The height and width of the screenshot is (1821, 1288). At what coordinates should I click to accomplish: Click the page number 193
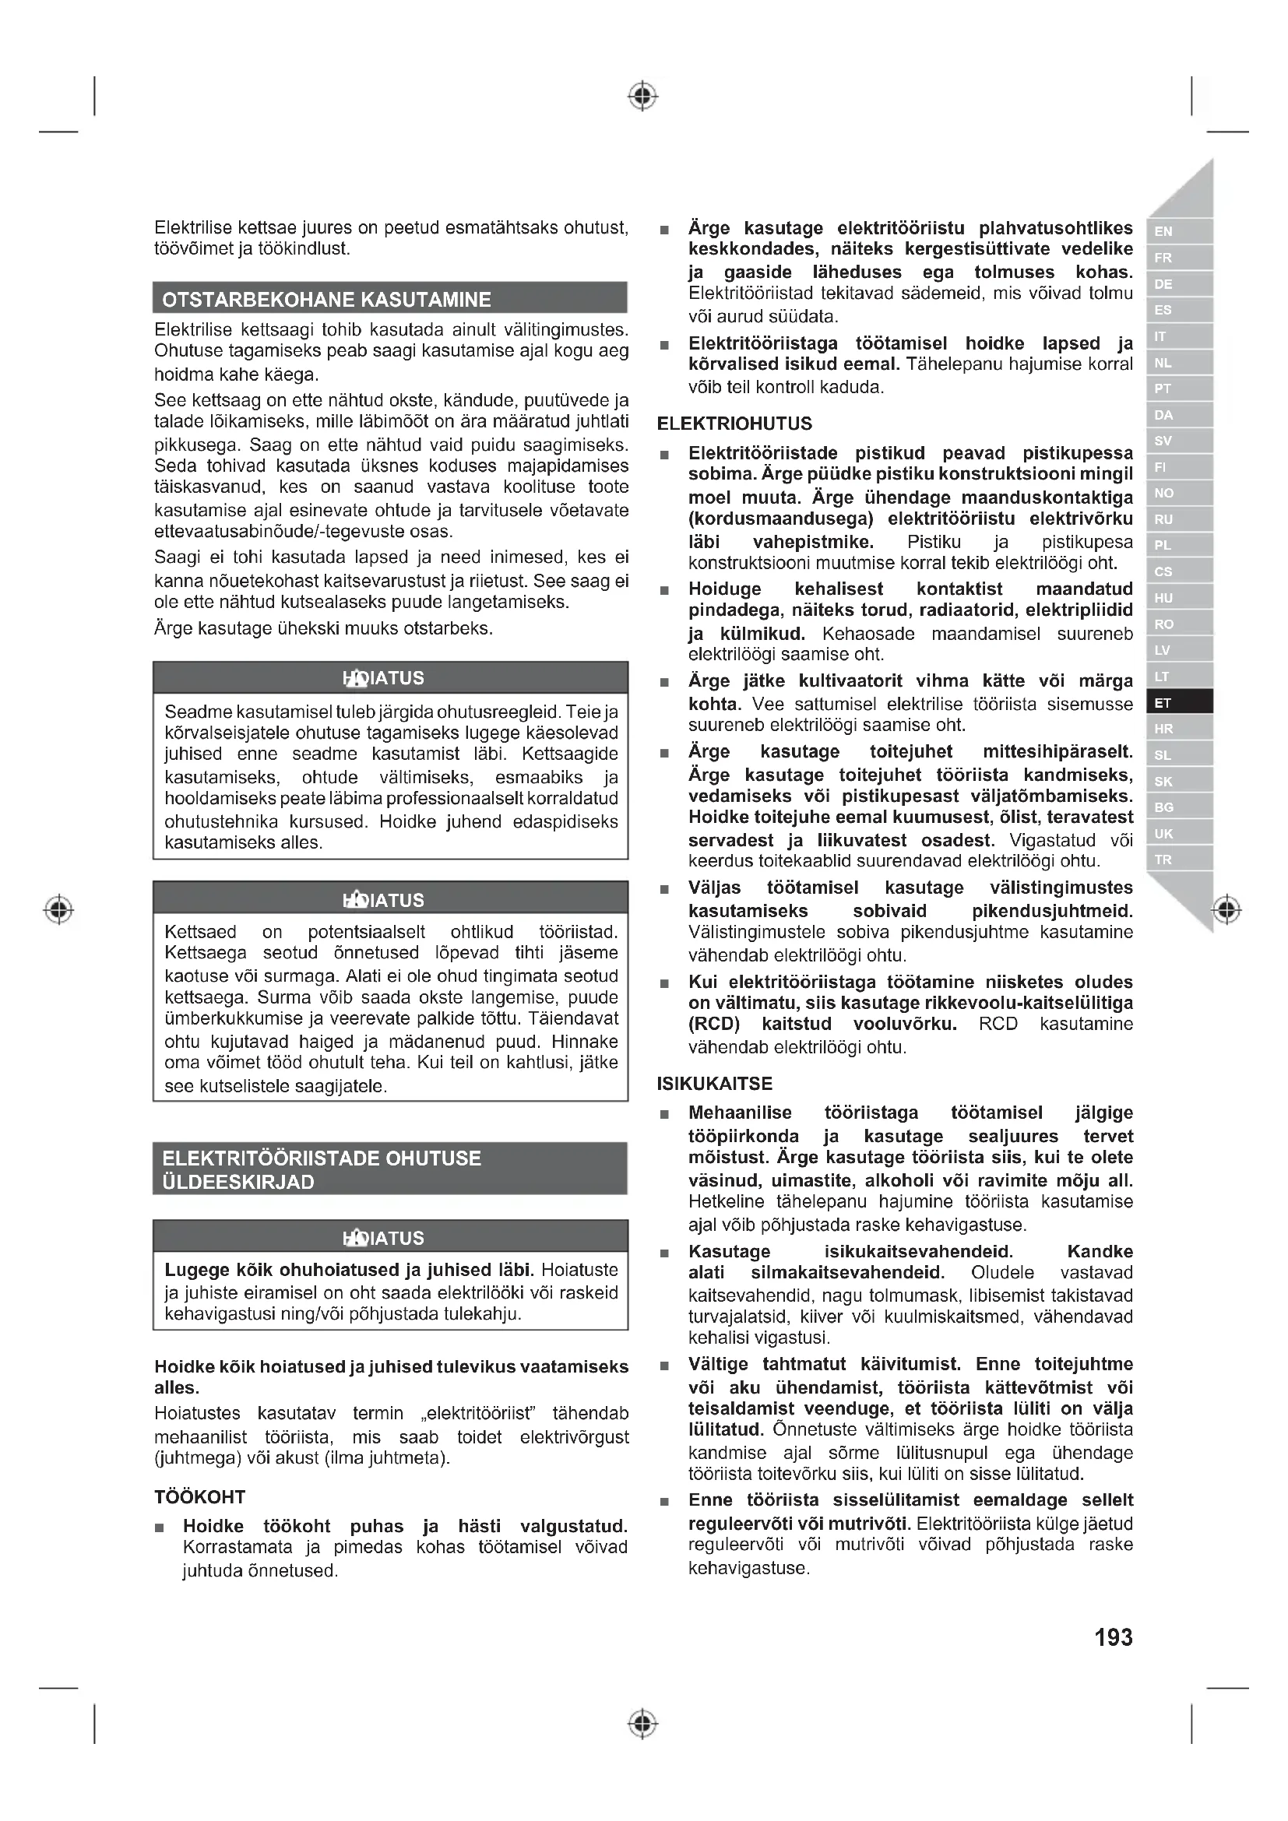point(1113,1637)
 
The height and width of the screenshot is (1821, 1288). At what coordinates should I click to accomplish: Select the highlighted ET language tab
point(1178,703)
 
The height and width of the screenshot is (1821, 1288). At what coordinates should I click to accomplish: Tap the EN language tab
point(1178,231)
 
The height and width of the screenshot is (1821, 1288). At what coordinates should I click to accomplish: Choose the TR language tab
point(1178,860)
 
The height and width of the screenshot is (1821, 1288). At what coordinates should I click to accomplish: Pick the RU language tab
point(1178,519)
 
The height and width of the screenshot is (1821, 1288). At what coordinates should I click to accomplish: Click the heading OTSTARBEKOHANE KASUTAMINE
point(326,300)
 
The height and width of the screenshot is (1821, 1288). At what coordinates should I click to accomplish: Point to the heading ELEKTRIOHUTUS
point(734,424)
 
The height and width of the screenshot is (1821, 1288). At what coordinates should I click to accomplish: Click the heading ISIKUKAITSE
point(714,1084)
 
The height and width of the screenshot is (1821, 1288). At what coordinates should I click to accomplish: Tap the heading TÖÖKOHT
point(200,1496)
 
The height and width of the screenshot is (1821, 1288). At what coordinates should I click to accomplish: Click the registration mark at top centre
point(642,96)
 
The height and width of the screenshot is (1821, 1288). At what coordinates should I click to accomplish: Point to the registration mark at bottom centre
point(642,1724)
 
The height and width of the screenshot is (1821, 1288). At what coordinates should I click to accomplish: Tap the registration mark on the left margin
point(58,909)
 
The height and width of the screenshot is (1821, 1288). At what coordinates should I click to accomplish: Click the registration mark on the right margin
point(1227,909)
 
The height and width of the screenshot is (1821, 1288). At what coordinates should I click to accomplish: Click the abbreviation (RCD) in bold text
point(714,1024)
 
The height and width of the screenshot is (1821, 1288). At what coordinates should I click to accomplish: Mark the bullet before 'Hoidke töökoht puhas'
point(160,1527)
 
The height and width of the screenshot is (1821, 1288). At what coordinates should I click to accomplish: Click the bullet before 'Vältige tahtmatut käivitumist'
point(664,1366)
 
